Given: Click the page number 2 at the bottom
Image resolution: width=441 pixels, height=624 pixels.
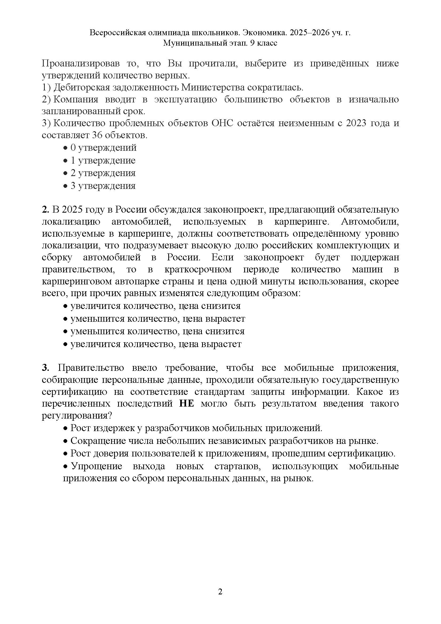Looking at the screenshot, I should coord(220,592).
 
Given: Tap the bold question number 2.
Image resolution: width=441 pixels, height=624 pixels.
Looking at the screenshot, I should coord(45,210).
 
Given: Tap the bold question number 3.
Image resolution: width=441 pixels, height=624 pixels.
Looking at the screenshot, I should coord(45,368).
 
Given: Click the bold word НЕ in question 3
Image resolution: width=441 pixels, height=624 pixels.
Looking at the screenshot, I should coord(187,404).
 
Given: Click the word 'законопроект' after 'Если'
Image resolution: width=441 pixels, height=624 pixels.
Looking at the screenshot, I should coord(274,257).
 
